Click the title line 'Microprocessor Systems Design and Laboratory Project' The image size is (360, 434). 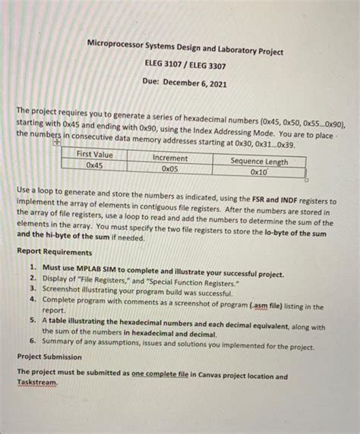pyautogui.click(x=185, y=52)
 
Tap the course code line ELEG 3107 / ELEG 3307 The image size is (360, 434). pyautogui.click(x=185, y=66)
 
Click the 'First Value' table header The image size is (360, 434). pyautogui.click(x=95, y=155)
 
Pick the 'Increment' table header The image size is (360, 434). pyautogui.click(x=171, y=158)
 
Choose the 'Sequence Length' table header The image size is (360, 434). pyautogui.click(x=259, y=161)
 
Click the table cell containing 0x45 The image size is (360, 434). pyautogui.click(x=95, y=165)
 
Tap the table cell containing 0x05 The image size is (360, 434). pyautogui.click(x=171, y=168)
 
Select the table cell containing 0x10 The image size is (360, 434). pyautogui.click(x=259, y=171)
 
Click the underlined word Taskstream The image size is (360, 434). pyautogui.click(x=37, y=382)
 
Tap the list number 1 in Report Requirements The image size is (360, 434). pyautogui.click(x=33, y=268)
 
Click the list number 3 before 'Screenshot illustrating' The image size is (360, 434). pyautogui.click(x=33, y=288)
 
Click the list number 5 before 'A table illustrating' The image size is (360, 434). pyautogui.click(x=33, y=319)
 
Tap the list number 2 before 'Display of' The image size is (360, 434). pyautogui.click(x=33, y=278)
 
